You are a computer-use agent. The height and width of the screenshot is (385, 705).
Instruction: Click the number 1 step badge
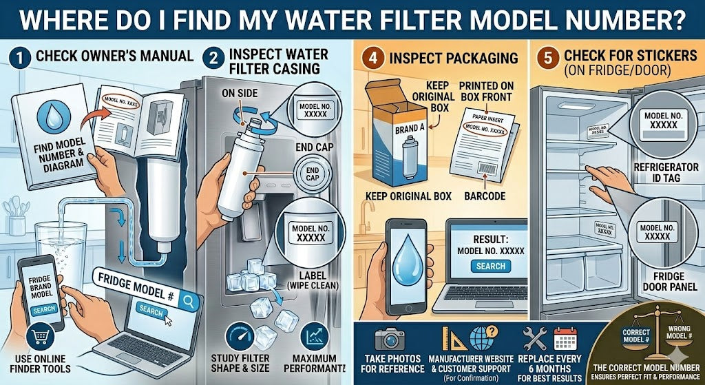[20, 58]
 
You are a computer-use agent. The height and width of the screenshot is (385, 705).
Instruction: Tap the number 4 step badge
[372, 57]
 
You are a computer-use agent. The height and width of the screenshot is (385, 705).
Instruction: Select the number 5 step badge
[547, 58]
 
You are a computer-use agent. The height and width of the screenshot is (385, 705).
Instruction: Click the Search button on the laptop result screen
[491, 266]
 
